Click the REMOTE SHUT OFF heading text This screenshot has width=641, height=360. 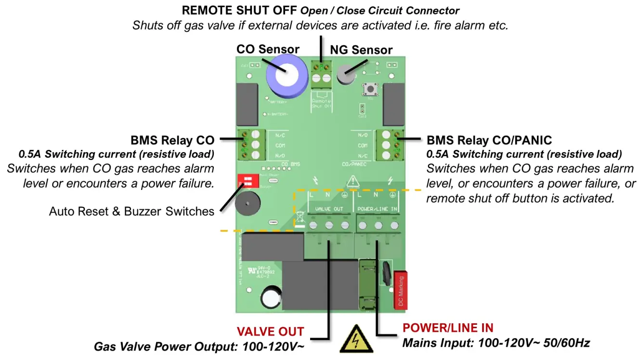[239, 10]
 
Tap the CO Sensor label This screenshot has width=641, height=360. [268, 49]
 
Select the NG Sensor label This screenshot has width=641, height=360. [361, 50]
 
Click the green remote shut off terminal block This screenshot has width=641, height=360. [322, 73]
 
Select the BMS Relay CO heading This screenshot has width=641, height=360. [172, 140]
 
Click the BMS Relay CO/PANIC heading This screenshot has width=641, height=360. [489, 140]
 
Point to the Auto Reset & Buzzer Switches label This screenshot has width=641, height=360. [131, 211]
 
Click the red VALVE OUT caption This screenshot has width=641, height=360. [270, 332]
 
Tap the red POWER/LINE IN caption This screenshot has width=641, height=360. [448, 328]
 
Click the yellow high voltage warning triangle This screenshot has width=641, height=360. [353, 341]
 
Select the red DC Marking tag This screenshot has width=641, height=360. [401, 290]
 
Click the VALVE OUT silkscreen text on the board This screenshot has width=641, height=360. [329, 209]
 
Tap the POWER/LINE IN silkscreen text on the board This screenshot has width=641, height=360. [378, 209]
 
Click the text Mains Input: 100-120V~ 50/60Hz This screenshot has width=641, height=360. [496, 343]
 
